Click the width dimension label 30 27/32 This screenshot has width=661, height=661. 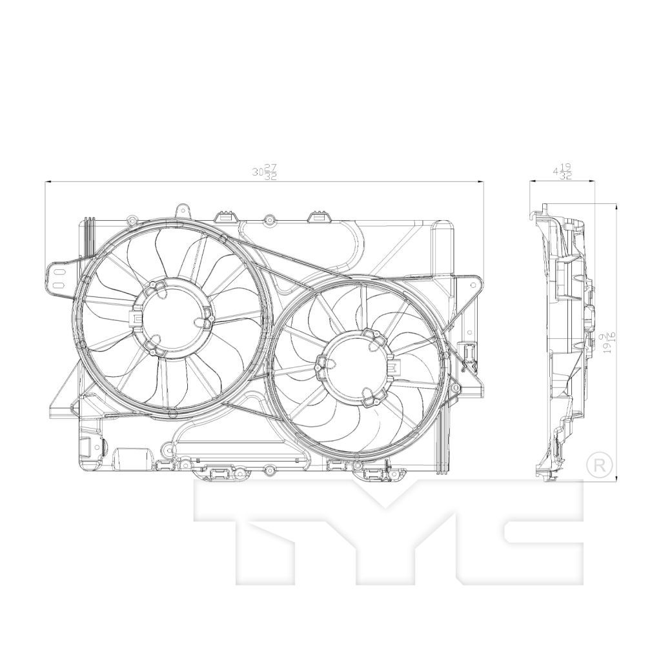point(265,171)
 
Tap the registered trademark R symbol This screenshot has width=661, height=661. point(599,464)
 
